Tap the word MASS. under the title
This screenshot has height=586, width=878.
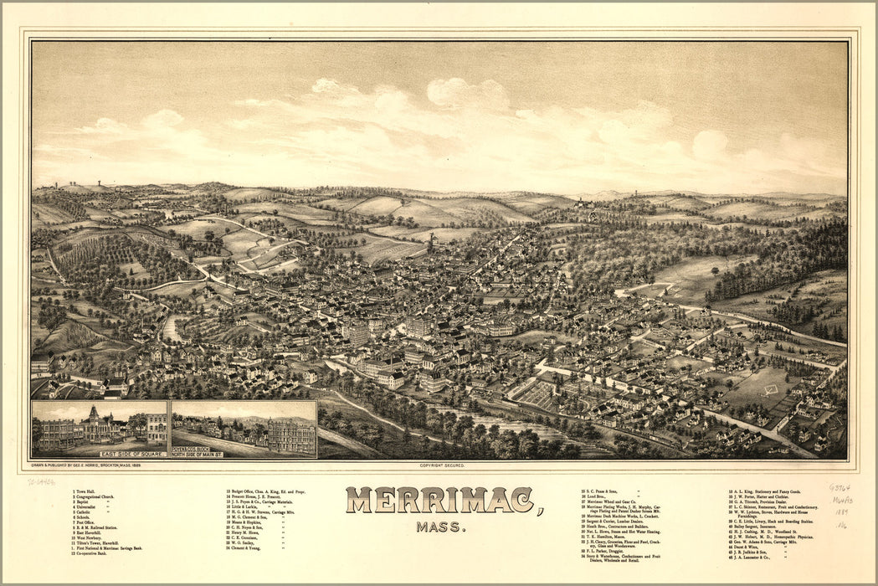click(439, 527)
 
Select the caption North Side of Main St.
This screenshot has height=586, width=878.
click(198, 454)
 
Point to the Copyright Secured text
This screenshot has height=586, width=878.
click(441, 465)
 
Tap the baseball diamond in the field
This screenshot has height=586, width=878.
click(768, 389)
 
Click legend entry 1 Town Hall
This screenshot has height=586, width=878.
click(86, 491)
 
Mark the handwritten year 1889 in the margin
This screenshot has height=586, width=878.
click(839, 511)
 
